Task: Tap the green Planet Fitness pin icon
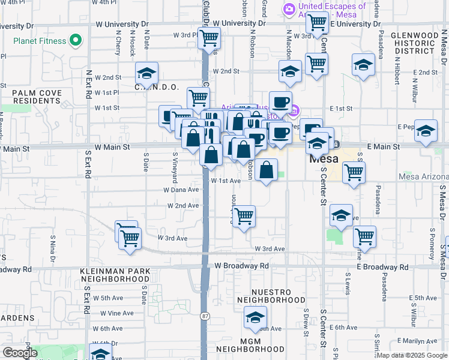click(x=76, y=41)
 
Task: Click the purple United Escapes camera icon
click(x=289, y=10)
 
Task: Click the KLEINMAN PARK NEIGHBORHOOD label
click(x=115, y=275)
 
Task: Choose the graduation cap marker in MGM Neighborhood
click(x=256, y=319)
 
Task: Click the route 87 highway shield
click(x=205, y=316)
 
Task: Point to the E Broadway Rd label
click(x=382, y=266)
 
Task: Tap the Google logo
click(x=20, y=353)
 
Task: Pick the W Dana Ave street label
click(x=181, y=190)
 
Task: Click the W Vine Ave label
click(x=117, y=313)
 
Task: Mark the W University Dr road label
click(x=122, y=24)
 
